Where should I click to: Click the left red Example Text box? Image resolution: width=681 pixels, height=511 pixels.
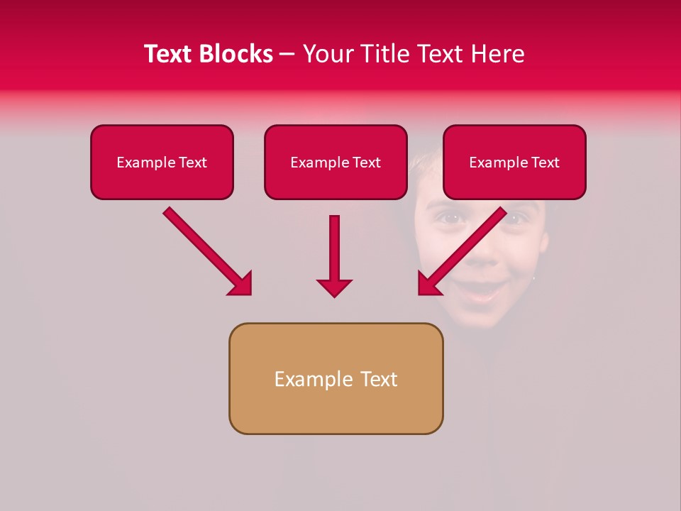coord(162,162)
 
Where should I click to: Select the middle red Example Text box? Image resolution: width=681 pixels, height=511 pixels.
coord(336,162)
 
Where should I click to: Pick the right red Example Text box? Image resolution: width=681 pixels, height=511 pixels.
coord(514,162)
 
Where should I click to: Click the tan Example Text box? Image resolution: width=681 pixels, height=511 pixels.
coord(336,378)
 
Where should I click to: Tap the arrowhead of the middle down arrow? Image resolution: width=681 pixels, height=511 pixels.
coord(334,287)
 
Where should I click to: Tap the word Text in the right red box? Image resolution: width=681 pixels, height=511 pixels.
coord(545,162)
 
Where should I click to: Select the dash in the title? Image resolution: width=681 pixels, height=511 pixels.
coord(287,54)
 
